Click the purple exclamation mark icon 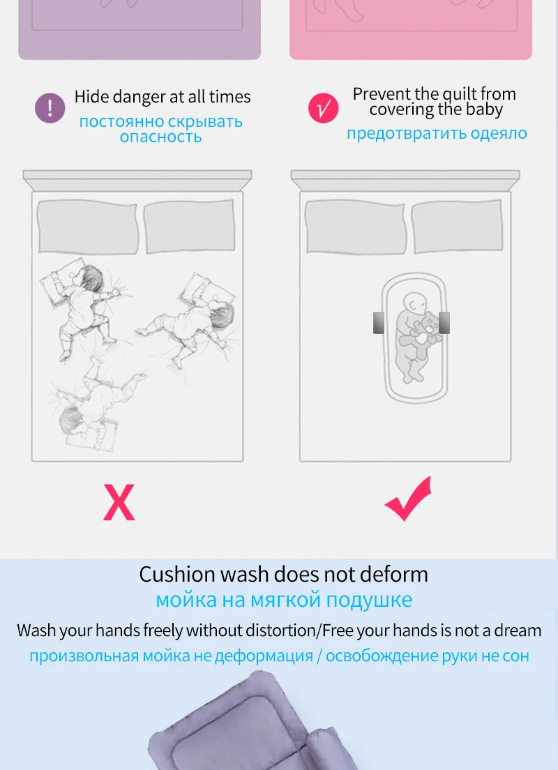point(50,108)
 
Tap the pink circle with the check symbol point(323,108)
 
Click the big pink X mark point(119,502)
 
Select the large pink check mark point(409,499)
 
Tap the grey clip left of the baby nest point(379,323)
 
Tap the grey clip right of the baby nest point(444,323)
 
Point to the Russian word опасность point(160,137)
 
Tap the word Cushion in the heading point(177,574)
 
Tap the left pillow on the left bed point(87,227)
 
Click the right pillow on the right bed point(457,227)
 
